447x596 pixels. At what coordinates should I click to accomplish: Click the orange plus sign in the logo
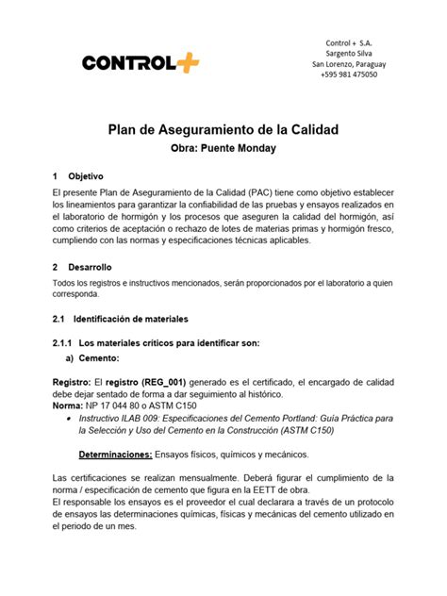(186, 62)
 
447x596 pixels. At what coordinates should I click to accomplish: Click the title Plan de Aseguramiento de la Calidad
(223, 128)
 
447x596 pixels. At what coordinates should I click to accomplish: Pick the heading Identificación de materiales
(131, 320)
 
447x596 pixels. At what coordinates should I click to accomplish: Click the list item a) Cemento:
(95, 359)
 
